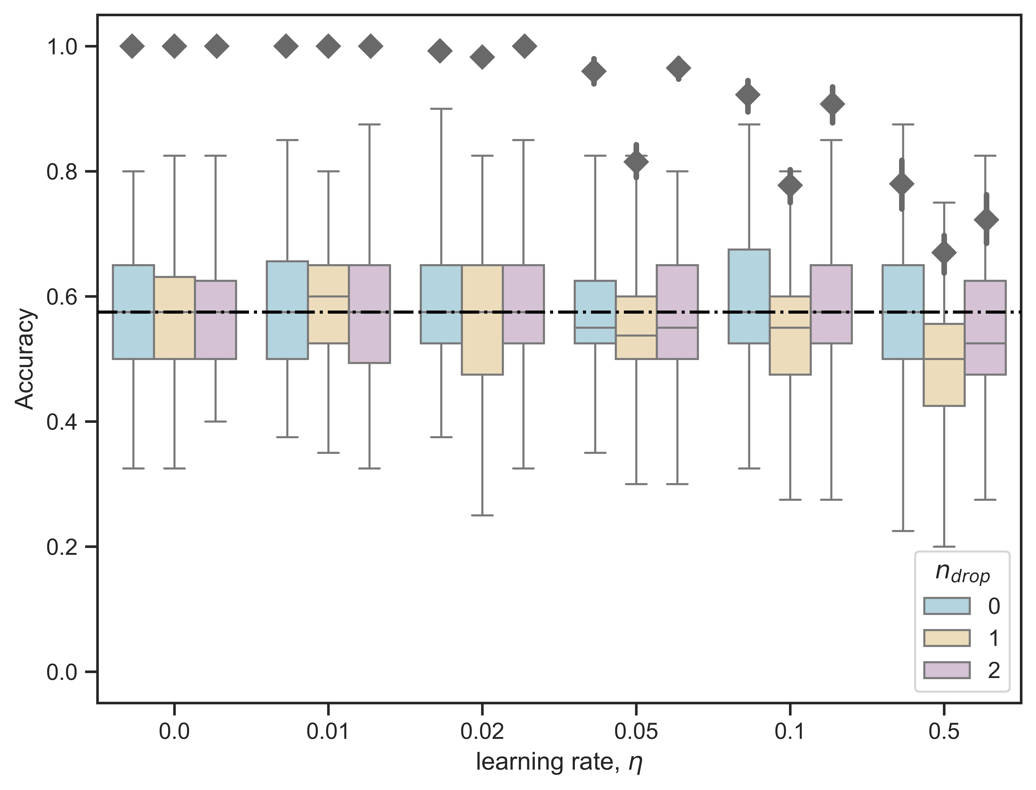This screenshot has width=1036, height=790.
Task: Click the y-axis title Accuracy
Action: click(24, 359)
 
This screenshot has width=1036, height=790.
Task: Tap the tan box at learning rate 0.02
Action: click(482, 320)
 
